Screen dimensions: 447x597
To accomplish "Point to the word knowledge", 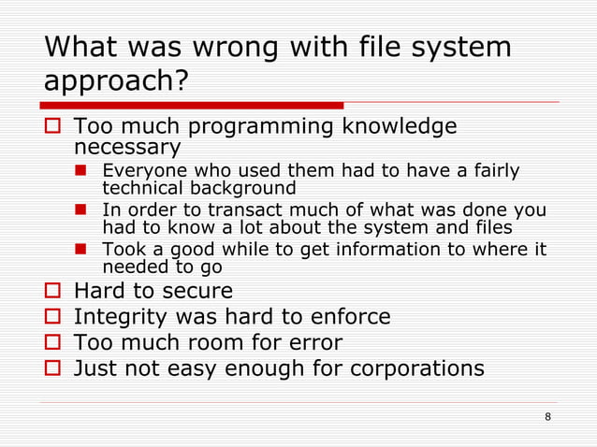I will click(401, 125).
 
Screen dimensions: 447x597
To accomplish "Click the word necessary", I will click(126, 148).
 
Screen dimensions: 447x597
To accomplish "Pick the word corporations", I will click(416, 368).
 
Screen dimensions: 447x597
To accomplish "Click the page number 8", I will click(547, 416).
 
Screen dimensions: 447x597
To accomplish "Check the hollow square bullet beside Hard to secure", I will click(53, 292).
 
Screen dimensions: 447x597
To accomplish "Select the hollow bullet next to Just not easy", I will click(53, 368).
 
